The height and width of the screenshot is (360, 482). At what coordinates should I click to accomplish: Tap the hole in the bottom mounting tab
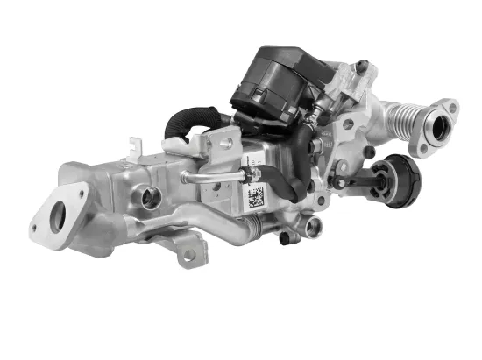click(x=188, y=255)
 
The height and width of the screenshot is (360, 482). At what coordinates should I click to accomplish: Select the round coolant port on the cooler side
click(x=151, y=198)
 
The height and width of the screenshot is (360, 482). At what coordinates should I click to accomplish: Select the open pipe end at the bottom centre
click(x=313, y=228)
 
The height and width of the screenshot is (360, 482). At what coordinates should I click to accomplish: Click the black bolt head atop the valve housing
click(x=360, y=65)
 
